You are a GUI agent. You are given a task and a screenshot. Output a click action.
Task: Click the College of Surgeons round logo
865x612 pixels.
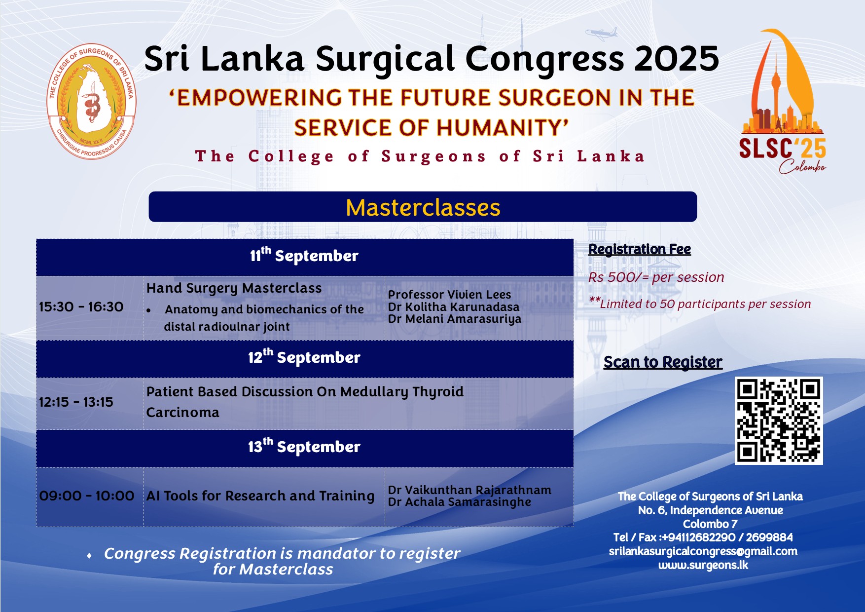click(x=92, y=101)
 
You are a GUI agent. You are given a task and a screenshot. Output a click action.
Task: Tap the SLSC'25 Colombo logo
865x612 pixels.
click(x=783, y=101)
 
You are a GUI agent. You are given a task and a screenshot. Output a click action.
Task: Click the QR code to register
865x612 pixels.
click(x=779, y=421)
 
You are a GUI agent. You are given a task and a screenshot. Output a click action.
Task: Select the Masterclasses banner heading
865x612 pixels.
click(x=423, y=207)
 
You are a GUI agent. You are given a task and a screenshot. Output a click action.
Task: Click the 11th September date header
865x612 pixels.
click(x=304, y=256)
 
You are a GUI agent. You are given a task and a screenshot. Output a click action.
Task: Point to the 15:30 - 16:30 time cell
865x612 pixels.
click(x=81, y=307)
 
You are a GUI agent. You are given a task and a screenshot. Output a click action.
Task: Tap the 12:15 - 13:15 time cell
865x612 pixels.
click(x=76, y=402)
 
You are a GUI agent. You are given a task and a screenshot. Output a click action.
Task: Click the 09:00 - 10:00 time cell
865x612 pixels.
click(x=87, y=496)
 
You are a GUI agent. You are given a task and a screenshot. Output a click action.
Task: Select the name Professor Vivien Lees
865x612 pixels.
click(x=449, y=295)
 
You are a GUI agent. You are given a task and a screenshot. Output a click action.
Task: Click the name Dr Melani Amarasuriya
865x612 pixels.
click(x=455, y=319)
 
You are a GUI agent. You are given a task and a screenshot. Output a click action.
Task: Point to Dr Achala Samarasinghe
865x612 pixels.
click(x=460, y=502)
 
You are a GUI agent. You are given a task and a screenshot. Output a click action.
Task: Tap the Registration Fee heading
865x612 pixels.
click(x=640, y=249)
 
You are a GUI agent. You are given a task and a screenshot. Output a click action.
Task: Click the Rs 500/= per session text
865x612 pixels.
click(x=656, y=277)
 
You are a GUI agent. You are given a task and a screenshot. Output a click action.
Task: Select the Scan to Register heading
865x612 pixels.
click(x=663, y=362)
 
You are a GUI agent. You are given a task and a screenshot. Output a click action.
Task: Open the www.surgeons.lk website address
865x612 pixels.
click(x=703, y=565)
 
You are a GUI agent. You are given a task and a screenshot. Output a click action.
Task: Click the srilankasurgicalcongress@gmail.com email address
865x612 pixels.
click(x=703, y=551)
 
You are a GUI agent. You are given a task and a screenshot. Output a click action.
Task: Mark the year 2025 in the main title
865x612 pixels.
click(x=677, y=59)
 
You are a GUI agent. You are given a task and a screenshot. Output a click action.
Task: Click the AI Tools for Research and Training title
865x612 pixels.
click(x=260, y=496)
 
